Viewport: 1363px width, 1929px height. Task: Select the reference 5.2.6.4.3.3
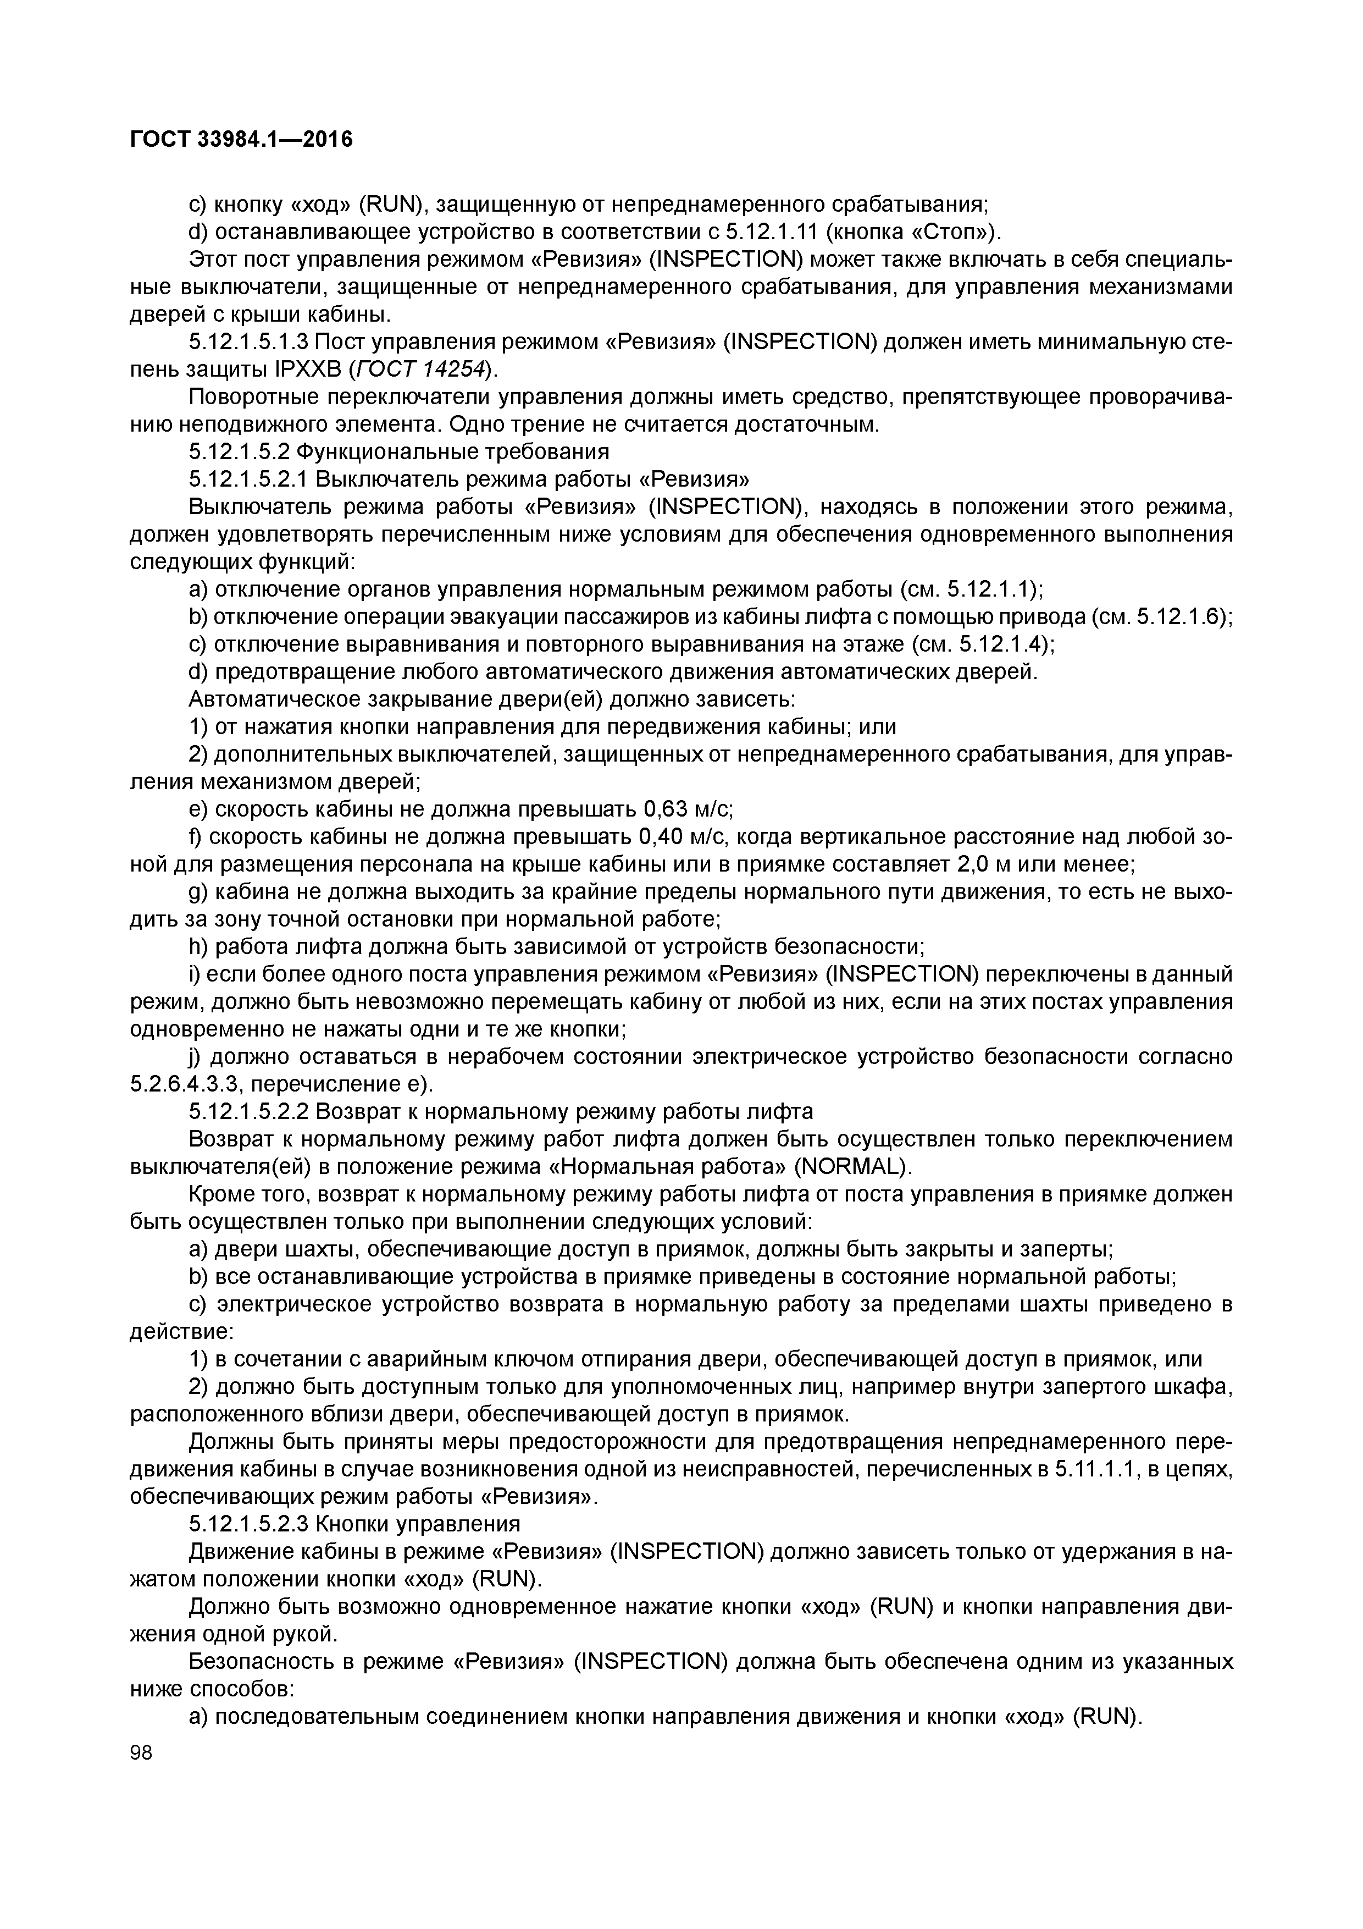coord(194,1084)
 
